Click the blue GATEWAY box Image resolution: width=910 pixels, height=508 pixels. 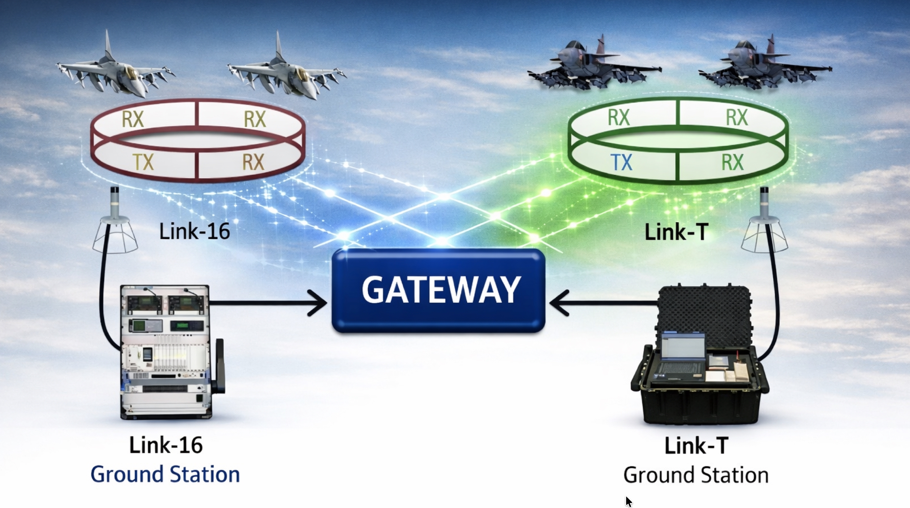(439, 290)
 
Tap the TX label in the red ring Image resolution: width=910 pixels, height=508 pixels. (143, 162)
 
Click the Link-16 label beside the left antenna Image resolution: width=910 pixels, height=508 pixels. (194, 232)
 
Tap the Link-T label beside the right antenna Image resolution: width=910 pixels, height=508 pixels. (676, 232)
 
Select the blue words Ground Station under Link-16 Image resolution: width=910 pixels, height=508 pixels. (165, 475)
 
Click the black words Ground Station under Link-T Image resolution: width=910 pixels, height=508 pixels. (696, 475)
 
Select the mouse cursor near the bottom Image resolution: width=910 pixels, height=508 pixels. (629, 501)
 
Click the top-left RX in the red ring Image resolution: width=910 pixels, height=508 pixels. (133, 119)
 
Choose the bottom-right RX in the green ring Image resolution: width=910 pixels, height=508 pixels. (732, 162)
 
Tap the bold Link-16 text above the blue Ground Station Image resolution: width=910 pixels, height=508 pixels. (166, 445)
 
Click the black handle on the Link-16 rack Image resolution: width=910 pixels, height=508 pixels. (218, 367)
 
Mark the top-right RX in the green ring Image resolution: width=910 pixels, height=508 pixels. (737, 118)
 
